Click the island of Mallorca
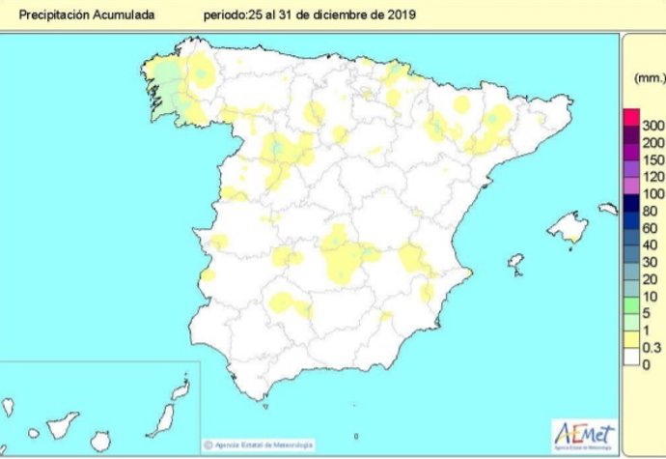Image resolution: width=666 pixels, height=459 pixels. (x=569, y=229)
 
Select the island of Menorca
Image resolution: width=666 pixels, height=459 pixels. (x=607, y=208)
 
